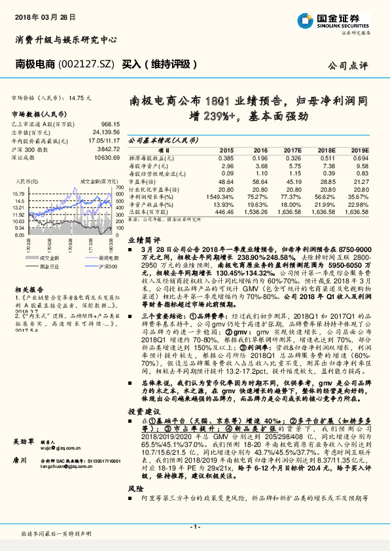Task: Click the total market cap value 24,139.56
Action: (x=106, y=132)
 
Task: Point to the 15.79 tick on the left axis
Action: (x=18, y=194)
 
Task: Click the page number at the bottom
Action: (x=195, y=527)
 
